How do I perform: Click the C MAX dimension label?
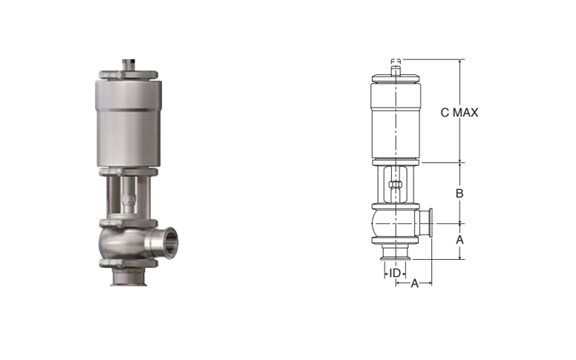click(x=459, y=112)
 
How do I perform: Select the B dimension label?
click(x=459, y=193)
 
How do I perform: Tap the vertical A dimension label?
click(x=459, y=240)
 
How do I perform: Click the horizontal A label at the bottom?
click(x=415, y=284)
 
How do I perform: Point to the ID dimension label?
click(x=395, y=274)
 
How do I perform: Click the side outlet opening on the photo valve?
click(x=170, y=243)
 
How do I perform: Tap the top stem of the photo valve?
click(x=128, y=64)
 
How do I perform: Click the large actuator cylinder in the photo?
click(x=129, y=123)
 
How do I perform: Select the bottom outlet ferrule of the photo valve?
click(x=129, y=277)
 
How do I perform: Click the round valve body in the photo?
click(x=121, y=243)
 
